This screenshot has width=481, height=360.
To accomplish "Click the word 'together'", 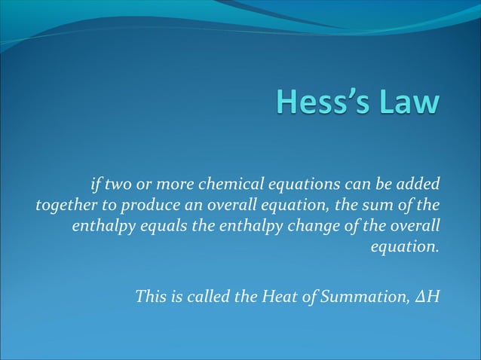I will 62,204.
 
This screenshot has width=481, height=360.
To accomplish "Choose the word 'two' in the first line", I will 118,183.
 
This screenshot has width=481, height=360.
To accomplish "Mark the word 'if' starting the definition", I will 95,183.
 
